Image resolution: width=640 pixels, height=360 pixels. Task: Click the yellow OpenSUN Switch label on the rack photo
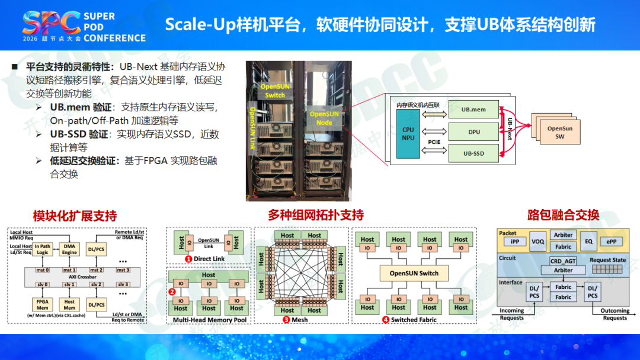pyautogui.click(x=275, y=91)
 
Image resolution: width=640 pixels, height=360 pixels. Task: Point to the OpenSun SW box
pyautogui.click(x=559, y=132)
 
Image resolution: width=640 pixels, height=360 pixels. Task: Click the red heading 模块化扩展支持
pyautogui.click(x=75, y=216)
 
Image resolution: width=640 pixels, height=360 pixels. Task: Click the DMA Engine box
pyautogui.click(x=69, y=249)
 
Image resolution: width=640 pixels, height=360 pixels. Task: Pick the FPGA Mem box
pyautogui.click(x=42, y=304)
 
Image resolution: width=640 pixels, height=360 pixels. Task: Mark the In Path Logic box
pyautogui.click(x=42, y=249)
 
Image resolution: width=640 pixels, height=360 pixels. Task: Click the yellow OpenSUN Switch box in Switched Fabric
pyautogui.click(x=414, y=273)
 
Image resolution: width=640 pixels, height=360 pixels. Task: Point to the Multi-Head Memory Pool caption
pyautogui.click(x=209, y=320)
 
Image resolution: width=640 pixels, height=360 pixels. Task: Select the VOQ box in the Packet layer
pyautogui.click(x=537, y=242)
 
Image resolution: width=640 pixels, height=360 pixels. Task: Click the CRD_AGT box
pyautogui.click(x=563, y=261)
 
